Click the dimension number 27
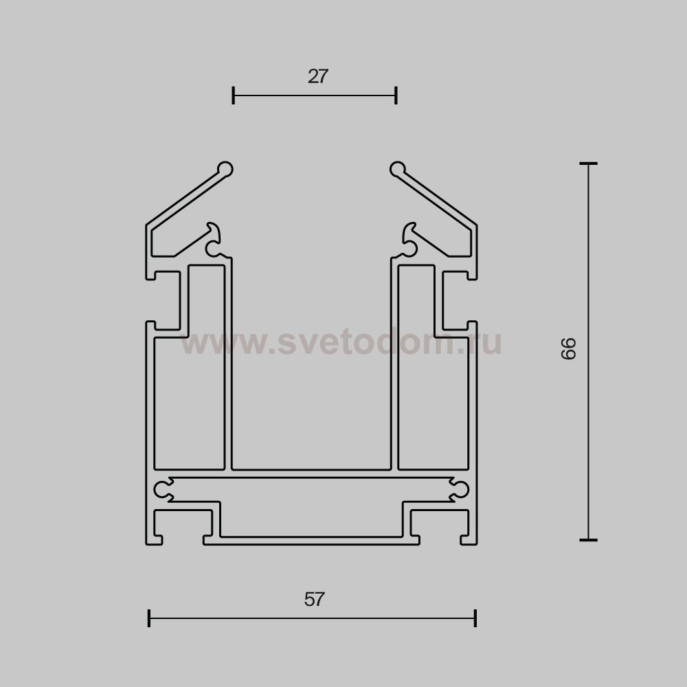[317, 76]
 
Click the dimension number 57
[315, 599]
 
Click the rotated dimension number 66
[568, 348]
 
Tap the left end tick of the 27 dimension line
[234, 95]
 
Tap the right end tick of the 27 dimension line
[396, 95]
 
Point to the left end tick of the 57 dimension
[149, 618]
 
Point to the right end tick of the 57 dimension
[475, 618]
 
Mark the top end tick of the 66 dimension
[589, 164]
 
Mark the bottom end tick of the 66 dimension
[589, 540]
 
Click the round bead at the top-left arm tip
[225, 169]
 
